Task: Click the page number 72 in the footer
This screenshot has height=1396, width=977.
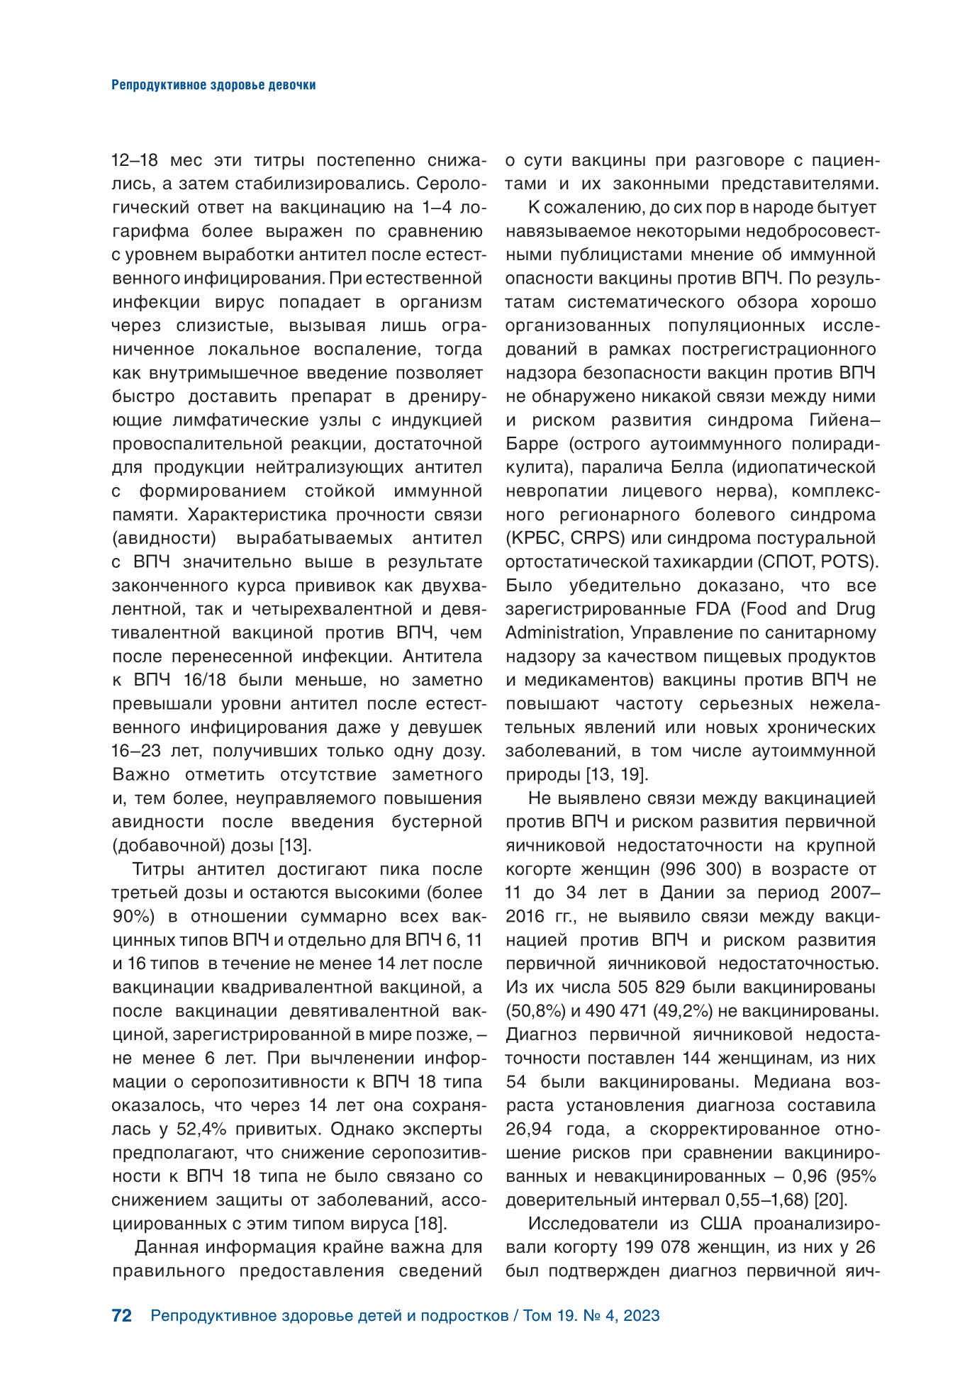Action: tap(122, 1316)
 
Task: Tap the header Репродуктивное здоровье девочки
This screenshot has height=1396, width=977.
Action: tap(213, 85)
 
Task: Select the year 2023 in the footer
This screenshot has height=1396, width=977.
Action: tap(642, 1316)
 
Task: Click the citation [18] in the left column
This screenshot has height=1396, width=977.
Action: tap(430, 1223)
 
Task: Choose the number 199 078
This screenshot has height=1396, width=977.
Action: tap(657, 1247)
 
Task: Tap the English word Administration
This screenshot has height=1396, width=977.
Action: tap(563, 632)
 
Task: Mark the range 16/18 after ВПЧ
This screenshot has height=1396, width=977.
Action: tap(204, 680)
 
